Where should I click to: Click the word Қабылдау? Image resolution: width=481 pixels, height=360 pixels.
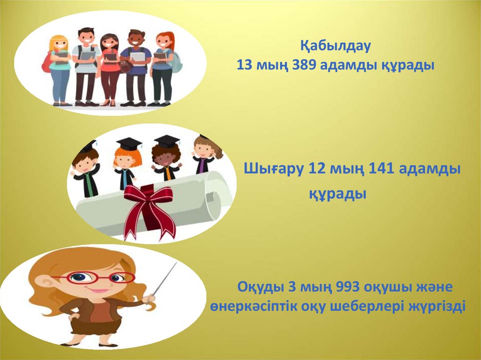point(336,46)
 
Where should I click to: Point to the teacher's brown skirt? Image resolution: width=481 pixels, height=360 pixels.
point(92,326)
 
